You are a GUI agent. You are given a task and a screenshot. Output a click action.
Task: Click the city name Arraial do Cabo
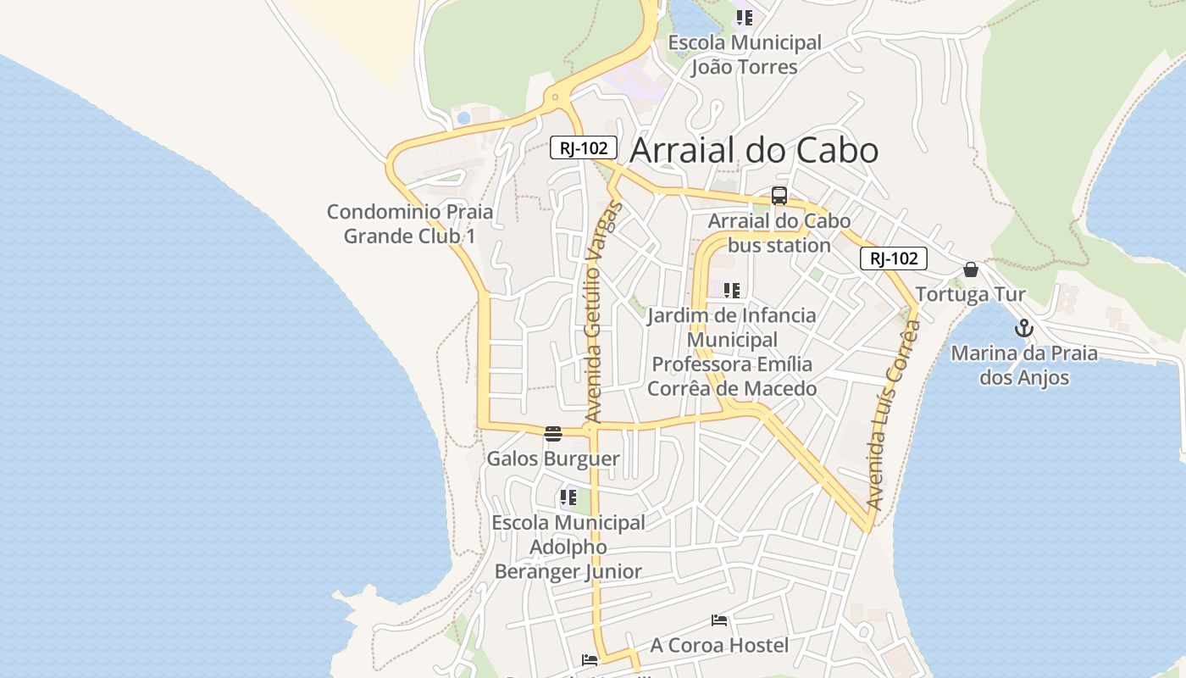[x=754, y=151]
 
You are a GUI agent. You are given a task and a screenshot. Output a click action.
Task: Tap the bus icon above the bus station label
[x=779, y=196]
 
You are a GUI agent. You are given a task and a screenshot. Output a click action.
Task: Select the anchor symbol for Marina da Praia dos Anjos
[x=1024, y=328]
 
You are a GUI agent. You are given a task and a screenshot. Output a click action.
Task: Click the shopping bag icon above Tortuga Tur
[x=971, y=270]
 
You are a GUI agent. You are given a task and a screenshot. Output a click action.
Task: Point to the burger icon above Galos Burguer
[x=553, y=434]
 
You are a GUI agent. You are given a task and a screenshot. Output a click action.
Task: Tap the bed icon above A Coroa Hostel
[x=719, y=620]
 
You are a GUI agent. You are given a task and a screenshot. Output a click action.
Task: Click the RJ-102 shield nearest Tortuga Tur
[x=894, y=258]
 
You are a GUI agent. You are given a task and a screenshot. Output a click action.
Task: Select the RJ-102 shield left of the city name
[x=584, y=147]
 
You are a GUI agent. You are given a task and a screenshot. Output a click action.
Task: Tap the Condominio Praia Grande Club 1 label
[x=410, y=224]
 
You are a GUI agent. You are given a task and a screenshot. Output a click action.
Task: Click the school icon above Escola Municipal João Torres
[x=744, y=17]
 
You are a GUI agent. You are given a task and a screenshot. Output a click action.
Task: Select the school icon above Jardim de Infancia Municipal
[x=732, y=291]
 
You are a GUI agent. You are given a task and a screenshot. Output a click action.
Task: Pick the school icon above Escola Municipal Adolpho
[x=568, y=497]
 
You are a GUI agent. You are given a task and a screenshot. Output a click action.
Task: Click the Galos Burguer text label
[x=553, y=458]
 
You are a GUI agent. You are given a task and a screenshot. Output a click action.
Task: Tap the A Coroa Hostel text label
[x=719, y=645]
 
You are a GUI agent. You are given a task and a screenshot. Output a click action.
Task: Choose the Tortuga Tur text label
[x=971, y=294]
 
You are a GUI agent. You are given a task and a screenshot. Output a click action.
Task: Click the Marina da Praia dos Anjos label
[x=1024, y=365]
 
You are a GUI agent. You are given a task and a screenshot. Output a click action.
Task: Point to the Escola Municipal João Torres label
[x=744, y=54]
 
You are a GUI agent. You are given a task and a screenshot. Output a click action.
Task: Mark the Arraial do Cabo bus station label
[x=779, y=233]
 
